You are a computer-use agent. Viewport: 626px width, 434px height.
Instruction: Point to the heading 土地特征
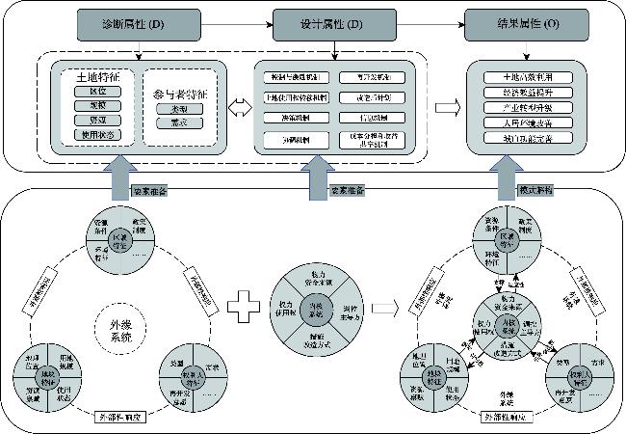pyautogui.click(x=85, y=75)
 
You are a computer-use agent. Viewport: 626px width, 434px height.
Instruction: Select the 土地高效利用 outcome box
pyautogui.click(x=525, y=76)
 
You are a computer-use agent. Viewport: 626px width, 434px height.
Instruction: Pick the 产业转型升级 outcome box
pyautogui.click(x=525, y=108)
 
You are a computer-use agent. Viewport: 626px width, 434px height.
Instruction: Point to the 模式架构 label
pyautogui.click(x=536, y=189)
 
